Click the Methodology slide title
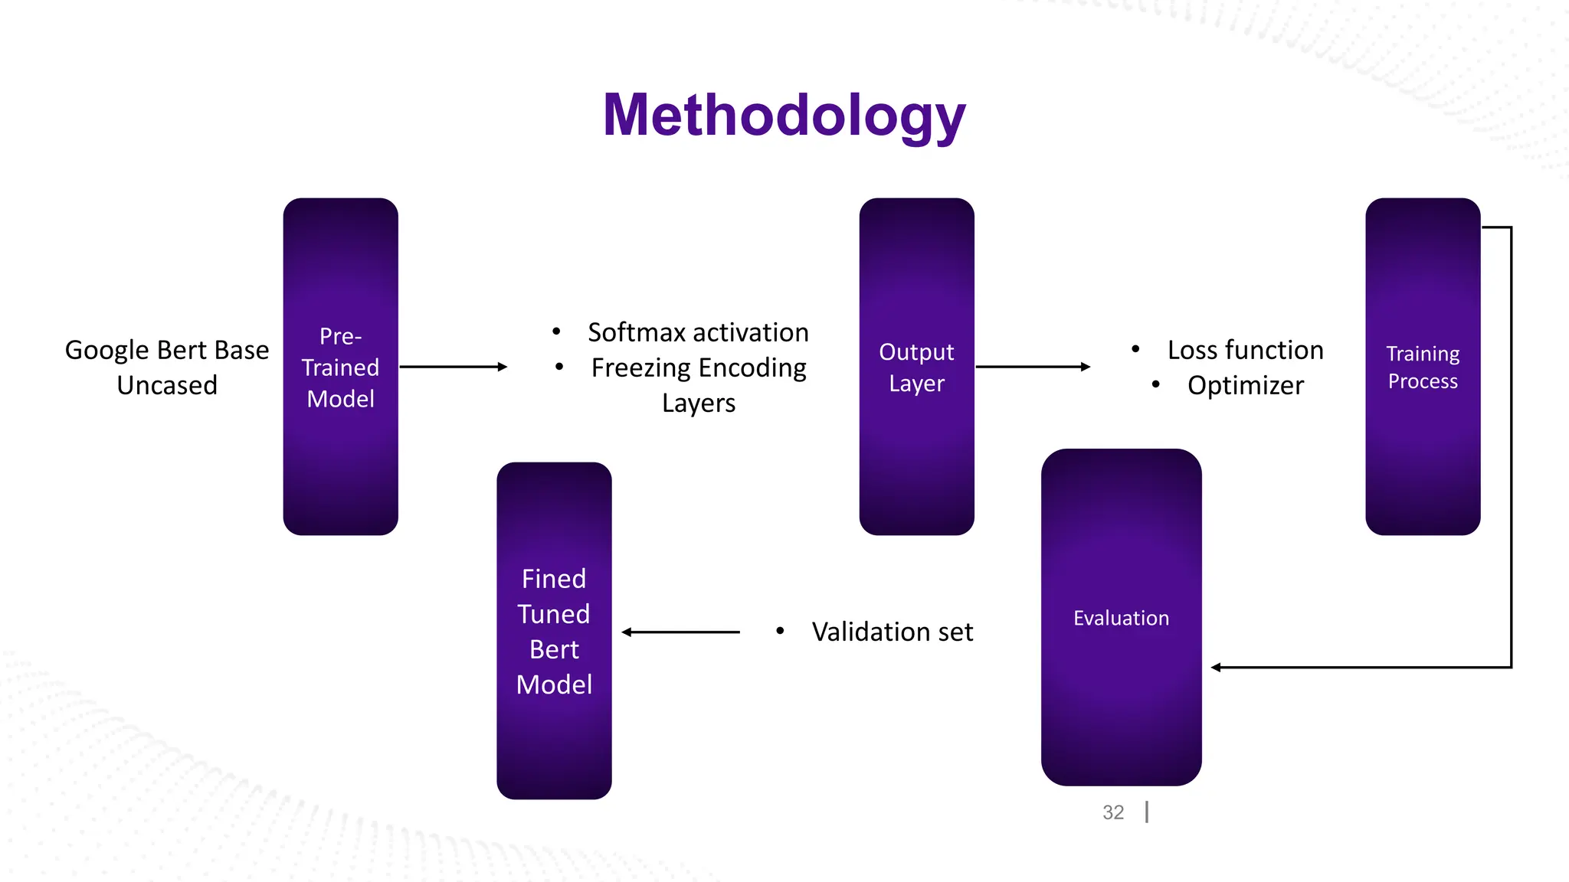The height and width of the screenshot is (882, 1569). pos(784,116)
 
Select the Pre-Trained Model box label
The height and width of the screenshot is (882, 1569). pos(340,367)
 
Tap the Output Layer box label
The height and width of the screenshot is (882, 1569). pos(916,367)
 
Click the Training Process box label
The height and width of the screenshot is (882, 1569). pos(1423,367)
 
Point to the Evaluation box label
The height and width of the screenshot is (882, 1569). pos(1121,618)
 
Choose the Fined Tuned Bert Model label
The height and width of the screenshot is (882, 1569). pos(554,632)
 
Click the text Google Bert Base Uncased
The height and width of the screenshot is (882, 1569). pos(167,367)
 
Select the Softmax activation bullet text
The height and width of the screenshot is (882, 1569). pos(698,332)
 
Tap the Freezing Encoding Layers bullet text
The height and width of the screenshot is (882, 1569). pos(698,385)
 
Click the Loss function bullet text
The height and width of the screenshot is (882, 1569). pos(1245,350)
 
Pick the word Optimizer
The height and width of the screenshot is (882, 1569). pos(1245,385)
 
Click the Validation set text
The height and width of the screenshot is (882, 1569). pos(892,632)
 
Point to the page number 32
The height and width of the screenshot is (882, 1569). pos(1113,812)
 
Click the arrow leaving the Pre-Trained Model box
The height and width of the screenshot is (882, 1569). pos(452,367)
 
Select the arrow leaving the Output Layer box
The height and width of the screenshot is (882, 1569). pos(1031,367)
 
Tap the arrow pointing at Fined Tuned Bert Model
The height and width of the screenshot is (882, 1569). pos(680,632)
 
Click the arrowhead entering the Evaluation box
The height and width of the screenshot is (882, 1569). pos(1217,668)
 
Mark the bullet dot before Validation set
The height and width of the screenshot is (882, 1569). pos(780,631)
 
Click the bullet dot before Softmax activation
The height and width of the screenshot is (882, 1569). pos(556,332)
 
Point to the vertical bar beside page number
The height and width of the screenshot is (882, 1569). pos(1147,812)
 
